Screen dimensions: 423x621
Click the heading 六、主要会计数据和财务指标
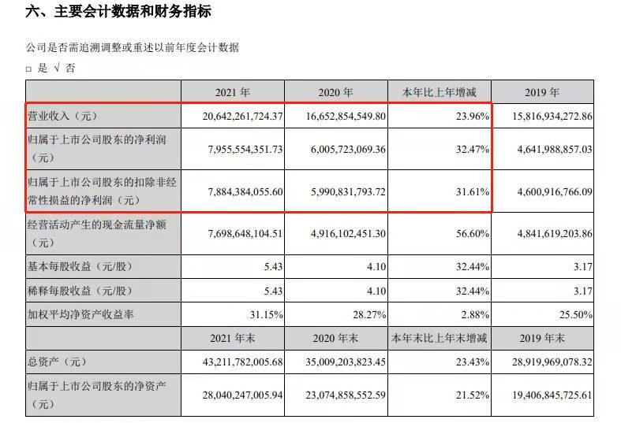click(x=118, y=13)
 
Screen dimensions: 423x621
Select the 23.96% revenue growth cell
click(x=469, y=116)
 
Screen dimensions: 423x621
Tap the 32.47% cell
click(x=469, y=150)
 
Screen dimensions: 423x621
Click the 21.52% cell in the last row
click(x=469, y=398)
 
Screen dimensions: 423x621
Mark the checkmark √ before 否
click(x=54, y=69)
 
